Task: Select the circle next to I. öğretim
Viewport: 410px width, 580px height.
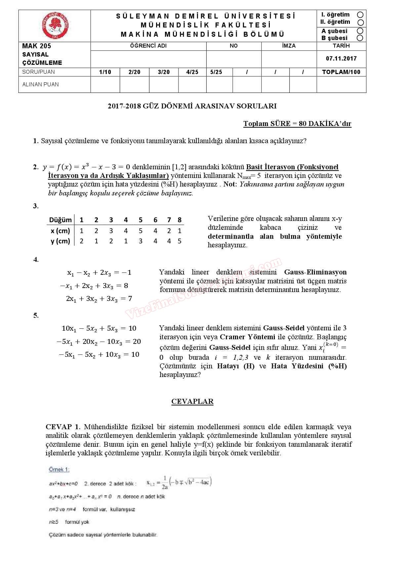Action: [360, 15]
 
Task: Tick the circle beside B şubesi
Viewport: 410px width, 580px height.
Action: [360, 38]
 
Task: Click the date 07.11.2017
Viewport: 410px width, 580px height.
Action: [341, 59]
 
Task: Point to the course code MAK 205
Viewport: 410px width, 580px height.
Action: [37, 46]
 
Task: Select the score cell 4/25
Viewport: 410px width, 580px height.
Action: [192, 72]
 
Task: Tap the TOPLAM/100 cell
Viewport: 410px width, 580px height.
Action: [341, 72]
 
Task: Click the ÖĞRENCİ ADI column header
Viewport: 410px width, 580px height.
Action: [148, 46]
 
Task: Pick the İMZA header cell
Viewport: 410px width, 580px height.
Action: [289, 46]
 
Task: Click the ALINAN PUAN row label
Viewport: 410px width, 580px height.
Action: [40, 84]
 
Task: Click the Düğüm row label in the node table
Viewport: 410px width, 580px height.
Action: [60, 220]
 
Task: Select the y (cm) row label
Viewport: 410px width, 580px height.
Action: [60, 241]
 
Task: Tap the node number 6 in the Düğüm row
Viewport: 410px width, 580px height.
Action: [155, 220]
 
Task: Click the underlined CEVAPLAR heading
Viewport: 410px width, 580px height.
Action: [192, 401]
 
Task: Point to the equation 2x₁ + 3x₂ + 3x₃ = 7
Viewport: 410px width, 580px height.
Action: [99, 299]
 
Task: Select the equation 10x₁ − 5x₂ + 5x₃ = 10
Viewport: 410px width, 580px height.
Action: [99, 328]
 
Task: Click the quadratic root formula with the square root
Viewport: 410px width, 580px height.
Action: [179, 482]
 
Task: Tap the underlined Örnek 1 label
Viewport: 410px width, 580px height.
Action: [59, 470]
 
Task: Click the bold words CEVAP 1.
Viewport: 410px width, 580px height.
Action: [63, 427]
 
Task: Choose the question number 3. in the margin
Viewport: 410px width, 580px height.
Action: [36, 206]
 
